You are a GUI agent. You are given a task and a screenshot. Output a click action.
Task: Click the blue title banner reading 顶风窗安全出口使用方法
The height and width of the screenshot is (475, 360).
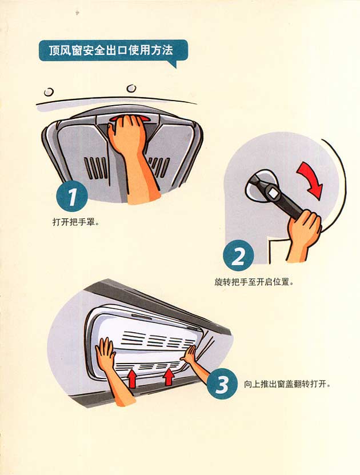tap(113, 51)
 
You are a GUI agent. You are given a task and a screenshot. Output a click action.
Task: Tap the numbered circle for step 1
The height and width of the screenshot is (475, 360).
tap(72, 197)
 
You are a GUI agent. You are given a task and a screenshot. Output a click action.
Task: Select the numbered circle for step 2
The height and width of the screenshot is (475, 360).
tap(238, 256)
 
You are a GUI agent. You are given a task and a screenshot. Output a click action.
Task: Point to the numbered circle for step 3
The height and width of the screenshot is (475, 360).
tap(222, 384)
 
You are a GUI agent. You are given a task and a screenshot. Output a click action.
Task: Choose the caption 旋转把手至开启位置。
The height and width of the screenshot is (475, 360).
tap(254, 282)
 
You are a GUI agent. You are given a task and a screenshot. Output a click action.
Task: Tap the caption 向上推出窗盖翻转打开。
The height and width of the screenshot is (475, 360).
tap(287, 384)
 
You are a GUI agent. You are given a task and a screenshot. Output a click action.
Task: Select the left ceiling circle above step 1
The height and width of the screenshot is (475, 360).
tap(49, 91)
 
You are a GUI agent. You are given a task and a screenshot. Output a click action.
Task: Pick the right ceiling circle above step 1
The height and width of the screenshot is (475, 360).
tap(131, 88)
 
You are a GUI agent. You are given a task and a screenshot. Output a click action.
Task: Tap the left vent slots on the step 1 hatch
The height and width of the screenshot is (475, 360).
tap(95, 167)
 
